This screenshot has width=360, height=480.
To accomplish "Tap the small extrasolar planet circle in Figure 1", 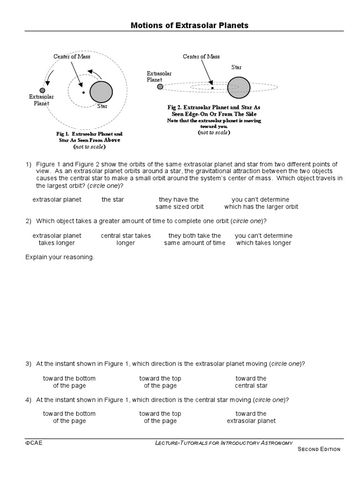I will pos(42,90).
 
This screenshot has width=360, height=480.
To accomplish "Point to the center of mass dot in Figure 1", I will pos(83,92).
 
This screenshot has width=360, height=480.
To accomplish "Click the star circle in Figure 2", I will pos(239,87).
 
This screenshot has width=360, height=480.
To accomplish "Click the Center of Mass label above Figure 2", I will pos(201,57).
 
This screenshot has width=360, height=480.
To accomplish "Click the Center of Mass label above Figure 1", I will pos(71,57).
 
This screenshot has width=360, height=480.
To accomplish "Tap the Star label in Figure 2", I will pos(236,67).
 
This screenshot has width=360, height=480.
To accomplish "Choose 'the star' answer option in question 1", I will pos(113,200).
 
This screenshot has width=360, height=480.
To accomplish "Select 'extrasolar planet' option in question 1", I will pos(57,200).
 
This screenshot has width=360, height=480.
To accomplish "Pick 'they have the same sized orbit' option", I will pos(179,203).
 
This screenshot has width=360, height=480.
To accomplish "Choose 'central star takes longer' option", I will pos(126,239).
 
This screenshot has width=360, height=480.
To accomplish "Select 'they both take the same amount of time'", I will pos(195,239).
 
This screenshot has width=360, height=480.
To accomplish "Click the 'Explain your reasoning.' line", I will pos(60,257).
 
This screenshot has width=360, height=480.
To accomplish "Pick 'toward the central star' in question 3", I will pos(251,382).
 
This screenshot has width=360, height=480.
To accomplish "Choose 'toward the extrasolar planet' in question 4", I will pos(251,417).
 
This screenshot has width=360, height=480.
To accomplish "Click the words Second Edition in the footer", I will pos(319,449).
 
